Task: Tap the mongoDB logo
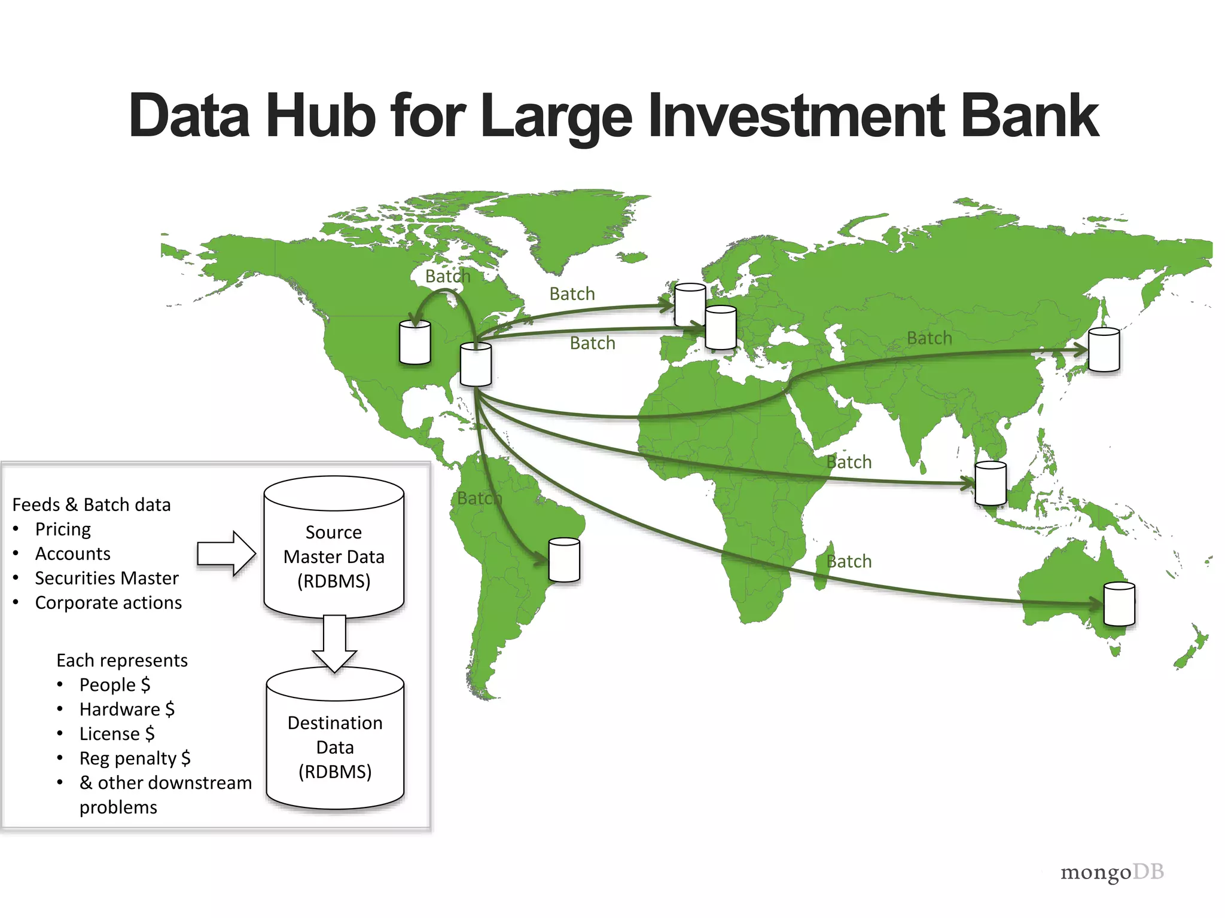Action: (1111, 872)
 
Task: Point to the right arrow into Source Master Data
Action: (226, 553)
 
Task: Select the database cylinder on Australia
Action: (1119, 604)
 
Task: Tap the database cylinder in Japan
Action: (1104, 350)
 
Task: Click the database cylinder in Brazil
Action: (564, 560)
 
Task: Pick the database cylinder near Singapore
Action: (991, 484)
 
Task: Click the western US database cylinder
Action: (415, 342)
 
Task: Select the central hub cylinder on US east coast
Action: (476, 364)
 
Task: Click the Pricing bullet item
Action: (63, 530)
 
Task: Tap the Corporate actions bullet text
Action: (108, 602)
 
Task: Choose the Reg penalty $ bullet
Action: (135, 758)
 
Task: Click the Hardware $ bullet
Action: (127, 709)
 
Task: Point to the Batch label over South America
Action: (479, 498)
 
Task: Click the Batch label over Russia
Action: (929, 338)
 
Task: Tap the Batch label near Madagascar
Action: (849, 561)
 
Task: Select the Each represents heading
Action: (122, 660)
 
